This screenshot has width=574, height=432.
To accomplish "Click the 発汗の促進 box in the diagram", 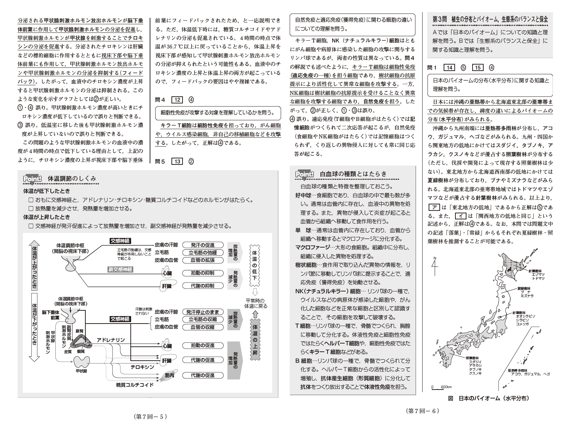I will pyautogui.click(x=203, y=245).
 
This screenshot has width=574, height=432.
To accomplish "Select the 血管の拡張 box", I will pyautogui.click(x=203, y=260).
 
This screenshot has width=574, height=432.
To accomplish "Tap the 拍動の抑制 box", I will pyautogui.click(x=203, y=273).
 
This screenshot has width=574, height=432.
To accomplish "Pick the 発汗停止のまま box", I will pyautogui.click(x=203, y=312).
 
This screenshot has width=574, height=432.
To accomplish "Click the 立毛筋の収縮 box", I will pyautogui.click(x=203, y=319).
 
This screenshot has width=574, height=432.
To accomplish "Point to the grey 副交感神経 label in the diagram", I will pyautogui.click(x=120, y=269).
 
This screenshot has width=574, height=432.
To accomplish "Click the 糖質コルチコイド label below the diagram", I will pyautogui.click(x=135, y=385).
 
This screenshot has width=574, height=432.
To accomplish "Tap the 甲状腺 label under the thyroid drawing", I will pyautogui.click(x=81, y=371).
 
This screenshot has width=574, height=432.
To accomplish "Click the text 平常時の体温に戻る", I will pyautogui.click(x=256, y=303).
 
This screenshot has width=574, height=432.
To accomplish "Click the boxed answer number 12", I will pyautogui.click(x=177, y=100).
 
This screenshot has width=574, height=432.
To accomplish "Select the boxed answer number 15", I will pyautogui.click(x=478, y=68).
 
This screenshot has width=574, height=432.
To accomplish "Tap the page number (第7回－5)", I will pyautogui.click(x=150, y=416).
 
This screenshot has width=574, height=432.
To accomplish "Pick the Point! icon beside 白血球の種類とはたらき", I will pyautogui.click(x=304, y=174).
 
